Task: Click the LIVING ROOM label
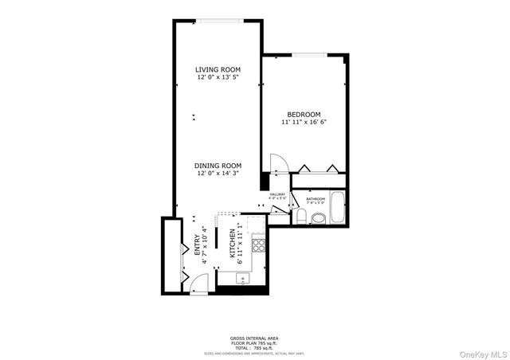[218, 69]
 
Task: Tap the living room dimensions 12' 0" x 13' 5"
[218, 77]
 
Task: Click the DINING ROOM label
[218, 165]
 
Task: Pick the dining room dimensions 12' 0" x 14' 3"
[218, 173]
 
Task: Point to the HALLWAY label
[277, 194]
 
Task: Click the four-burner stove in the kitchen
[258, 245]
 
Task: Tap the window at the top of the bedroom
[307, 55]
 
